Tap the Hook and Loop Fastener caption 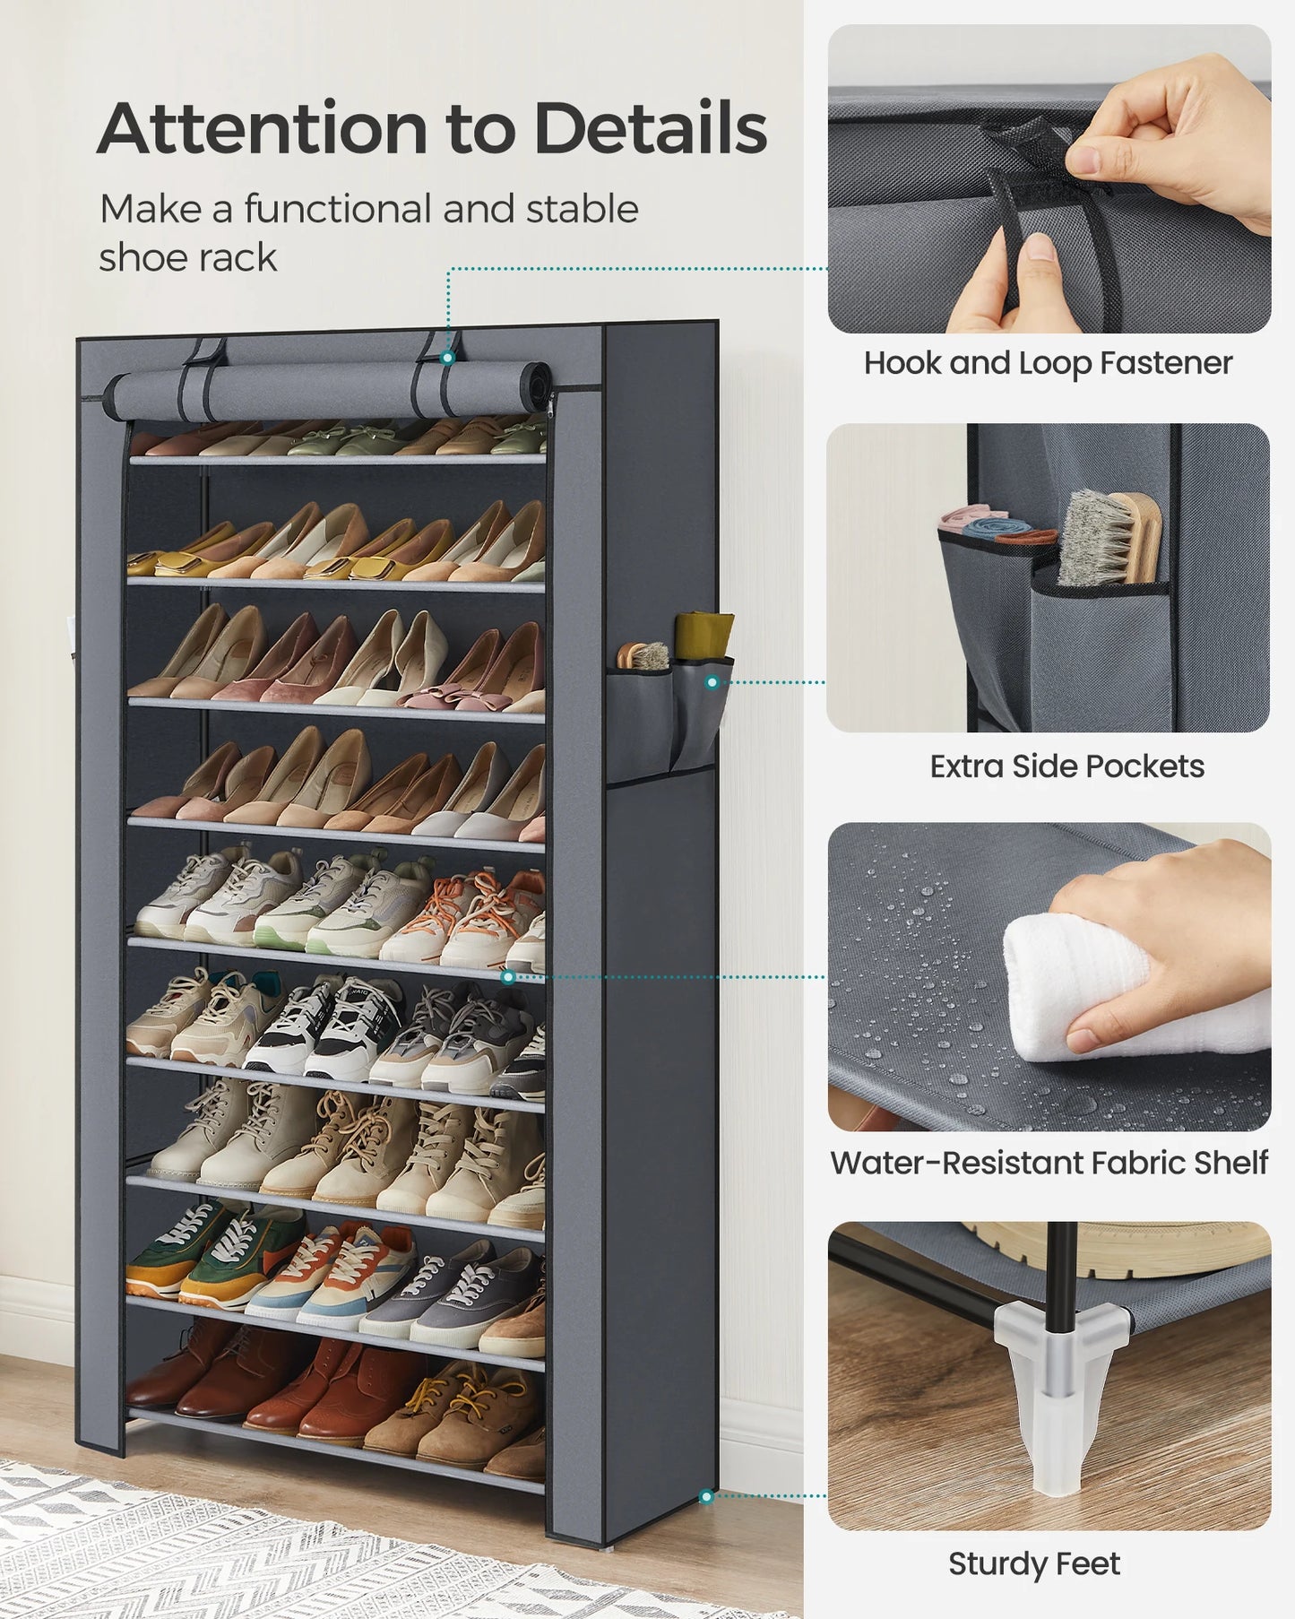pos(1048,363)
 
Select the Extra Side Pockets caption pos(1066,766)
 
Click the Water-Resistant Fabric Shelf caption pos(1049,1163)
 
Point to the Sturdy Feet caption pos(1033,1563)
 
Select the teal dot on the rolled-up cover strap pos(448,357)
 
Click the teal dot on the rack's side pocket pos(712,682)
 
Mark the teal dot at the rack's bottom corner pos(706,1496)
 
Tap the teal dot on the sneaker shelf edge pos(508,976)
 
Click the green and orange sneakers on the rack pos(215,1255)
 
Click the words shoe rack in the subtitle pos(187,258)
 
